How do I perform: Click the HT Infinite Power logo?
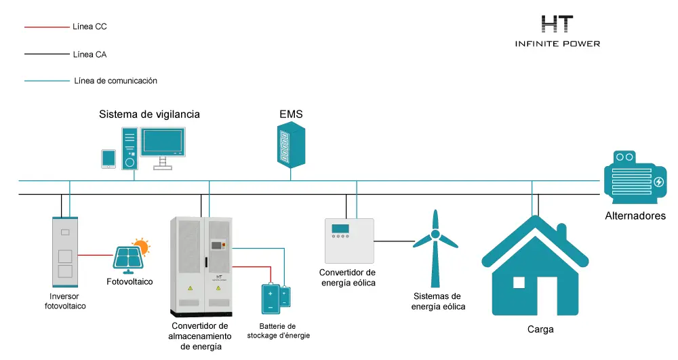(x=557, y=31)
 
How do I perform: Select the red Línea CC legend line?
(x=47, y=27)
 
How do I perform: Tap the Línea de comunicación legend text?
(x=115, y=81)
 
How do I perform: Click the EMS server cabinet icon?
(x=291, y=145)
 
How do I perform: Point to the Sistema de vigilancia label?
(x=149, y=114)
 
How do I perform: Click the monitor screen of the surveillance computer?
(x=163, y=142)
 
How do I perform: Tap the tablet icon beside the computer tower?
(x=108, y=159)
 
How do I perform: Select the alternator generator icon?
(x=635, y=177)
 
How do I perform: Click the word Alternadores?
(x=635, y=216)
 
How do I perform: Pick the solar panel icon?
(x=127, y=258)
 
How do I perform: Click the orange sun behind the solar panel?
(x=142, y=246)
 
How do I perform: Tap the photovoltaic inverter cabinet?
(x=65, y=252)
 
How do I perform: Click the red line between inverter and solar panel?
(x=96, y=255)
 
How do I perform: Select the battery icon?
(x=276, y=298)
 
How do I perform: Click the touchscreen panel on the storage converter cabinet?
(x=216, y=245)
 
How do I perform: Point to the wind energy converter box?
(x=349, y=241)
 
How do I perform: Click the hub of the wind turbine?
(x=435, y=235)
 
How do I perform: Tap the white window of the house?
(x=519, y=283)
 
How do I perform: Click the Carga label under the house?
(x=540, y=329)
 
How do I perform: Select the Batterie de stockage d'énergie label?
(x=279, y=331)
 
